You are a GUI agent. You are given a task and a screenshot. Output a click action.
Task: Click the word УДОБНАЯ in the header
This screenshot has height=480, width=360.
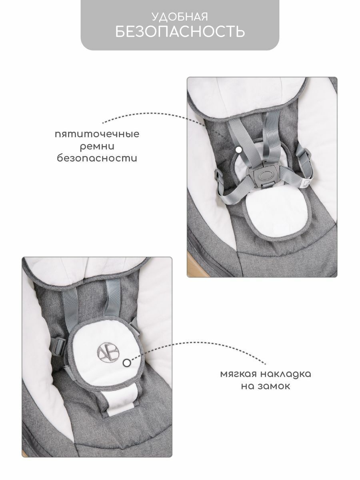point(180,16)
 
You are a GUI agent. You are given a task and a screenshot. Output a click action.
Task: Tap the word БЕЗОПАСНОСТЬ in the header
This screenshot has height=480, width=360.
point(180,32)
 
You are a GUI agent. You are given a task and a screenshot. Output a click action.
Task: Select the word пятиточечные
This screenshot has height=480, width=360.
point(97,134)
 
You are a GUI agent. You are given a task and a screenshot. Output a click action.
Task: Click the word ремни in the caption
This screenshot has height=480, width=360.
point(97,146)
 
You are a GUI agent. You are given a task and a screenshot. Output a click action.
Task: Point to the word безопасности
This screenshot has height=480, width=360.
point(97,158)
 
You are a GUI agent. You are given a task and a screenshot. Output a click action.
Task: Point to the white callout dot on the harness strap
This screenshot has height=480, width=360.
point(238,150)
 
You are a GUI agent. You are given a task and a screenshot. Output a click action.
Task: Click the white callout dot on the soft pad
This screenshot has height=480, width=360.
point(127,363)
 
